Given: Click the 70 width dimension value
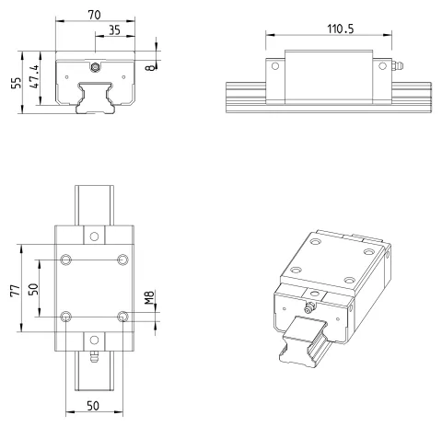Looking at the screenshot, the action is point(94,15).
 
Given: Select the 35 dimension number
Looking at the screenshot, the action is point(114,30).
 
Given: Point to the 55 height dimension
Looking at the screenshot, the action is point(17,83).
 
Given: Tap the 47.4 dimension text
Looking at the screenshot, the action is point(34,76).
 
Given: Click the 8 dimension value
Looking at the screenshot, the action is point(150,68).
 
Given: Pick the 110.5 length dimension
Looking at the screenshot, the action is point(341,29).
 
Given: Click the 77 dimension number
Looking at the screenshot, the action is point(16,290).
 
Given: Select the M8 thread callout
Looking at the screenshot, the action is point(149,297).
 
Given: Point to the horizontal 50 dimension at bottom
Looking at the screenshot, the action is point(93,406).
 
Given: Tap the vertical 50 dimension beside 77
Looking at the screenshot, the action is point(33,289).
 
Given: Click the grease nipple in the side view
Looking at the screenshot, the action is point(398,65).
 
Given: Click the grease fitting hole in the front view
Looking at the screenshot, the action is point(95,67).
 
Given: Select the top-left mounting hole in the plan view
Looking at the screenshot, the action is point(65,260).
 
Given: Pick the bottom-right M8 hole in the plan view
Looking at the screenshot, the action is point(122,317).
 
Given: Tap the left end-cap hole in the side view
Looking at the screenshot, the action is point(275,66).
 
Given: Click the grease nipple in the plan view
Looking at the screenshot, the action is point(94,357).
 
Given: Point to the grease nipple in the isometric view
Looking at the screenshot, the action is point(309,307).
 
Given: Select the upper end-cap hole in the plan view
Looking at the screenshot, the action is point(94,237).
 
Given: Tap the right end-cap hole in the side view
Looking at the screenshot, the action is point(382,66).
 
